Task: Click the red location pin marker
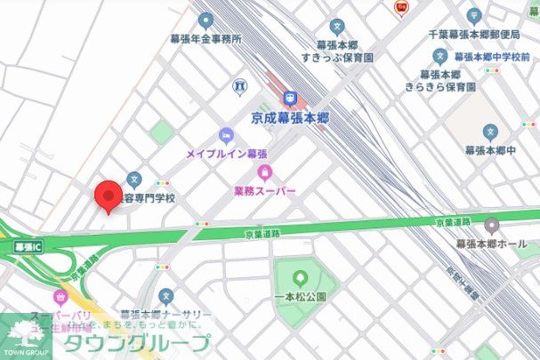[x=109, y=196]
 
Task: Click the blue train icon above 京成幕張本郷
[x=289, y=98]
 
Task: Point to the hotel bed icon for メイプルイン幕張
[x=226, y=136]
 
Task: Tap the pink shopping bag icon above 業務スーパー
[x=263, y=172]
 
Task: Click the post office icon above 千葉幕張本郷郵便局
[x=474, y=16]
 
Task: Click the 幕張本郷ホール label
[x=492, y=244]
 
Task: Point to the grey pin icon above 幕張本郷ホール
[x=492, y=225]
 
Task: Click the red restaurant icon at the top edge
[x=401, y=8]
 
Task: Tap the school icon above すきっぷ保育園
[x=336, y=27]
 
